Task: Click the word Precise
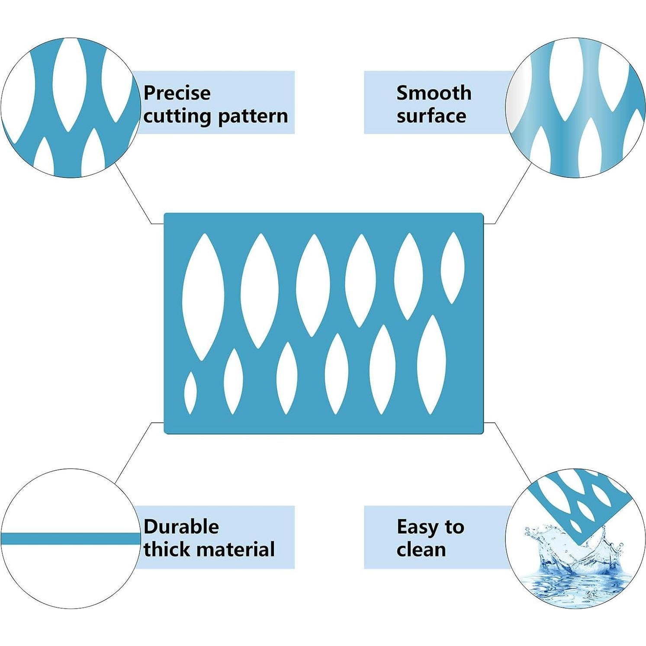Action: tap(177, 93)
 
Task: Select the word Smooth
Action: tap(434, 93)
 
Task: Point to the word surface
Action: tap(431, 116)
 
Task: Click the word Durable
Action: tap(181, 527)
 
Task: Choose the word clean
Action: tap(421, 550)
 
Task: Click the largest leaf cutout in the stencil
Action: tap(203, 297)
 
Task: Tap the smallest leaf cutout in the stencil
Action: tap(190, 393)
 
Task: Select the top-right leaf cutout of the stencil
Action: tap(452, 267)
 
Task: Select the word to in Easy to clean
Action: tap(454, 527)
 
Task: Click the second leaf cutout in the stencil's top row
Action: tap(260, 291)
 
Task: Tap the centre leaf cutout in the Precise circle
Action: tap(67, 82)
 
